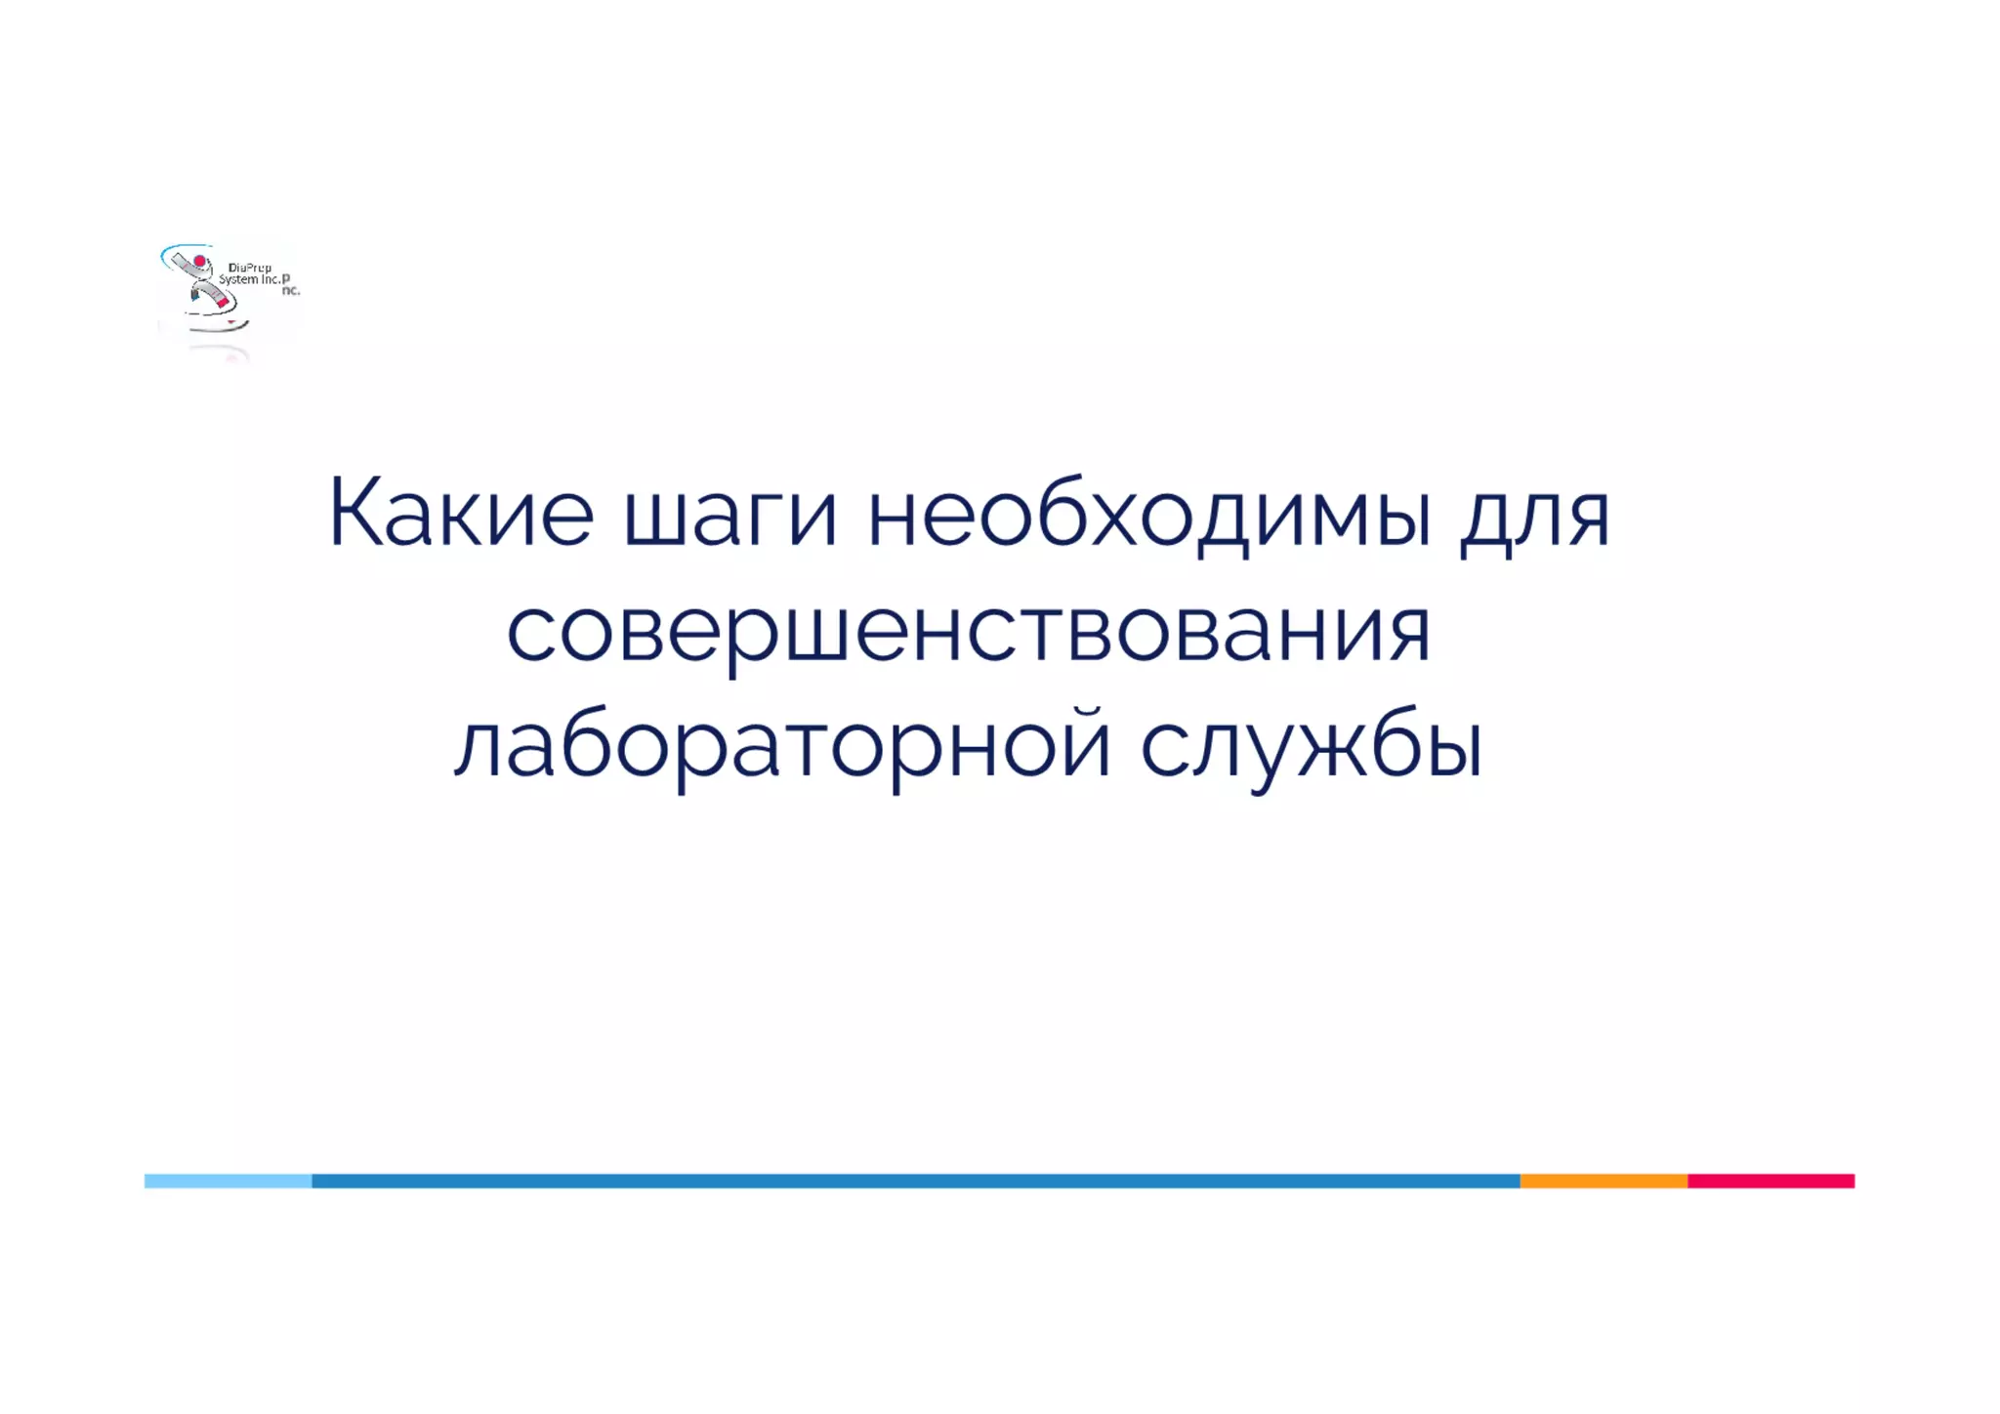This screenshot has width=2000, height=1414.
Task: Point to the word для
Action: (1534, 518)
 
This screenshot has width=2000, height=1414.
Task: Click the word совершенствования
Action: (968, 633)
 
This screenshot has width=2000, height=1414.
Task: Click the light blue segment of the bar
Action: (228, 1181)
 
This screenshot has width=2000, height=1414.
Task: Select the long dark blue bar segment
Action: (915, 1181)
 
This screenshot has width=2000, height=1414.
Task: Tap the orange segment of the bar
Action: (1604, 1181)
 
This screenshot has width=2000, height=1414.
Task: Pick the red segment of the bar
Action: (1771, 1181)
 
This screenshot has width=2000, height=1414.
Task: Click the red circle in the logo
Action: (200, 262)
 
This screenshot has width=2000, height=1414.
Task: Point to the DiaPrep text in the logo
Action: (249, 268)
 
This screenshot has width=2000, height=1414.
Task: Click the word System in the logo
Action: (237, 279)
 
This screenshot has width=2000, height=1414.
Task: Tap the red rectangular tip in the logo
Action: (223, 303)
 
